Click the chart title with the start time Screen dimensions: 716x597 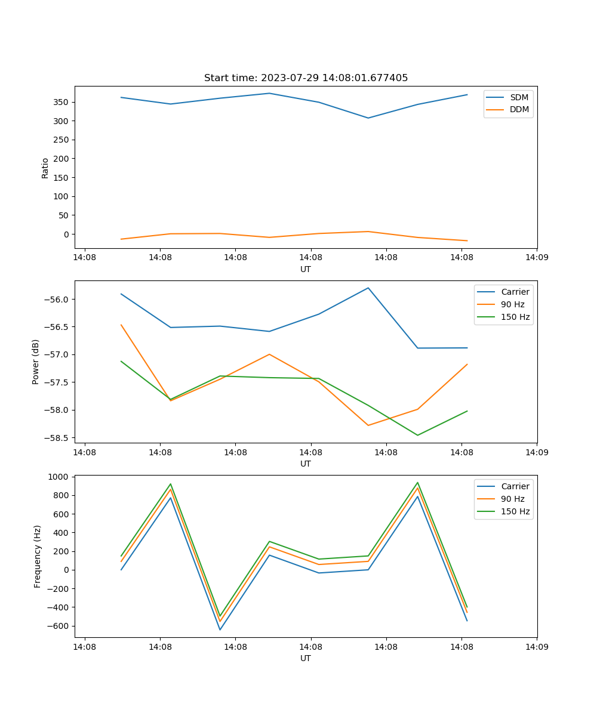306,78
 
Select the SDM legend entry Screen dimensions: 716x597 519,97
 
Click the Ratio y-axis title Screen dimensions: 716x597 45,168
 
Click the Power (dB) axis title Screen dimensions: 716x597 36,362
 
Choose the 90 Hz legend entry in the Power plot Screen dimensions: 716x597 512,304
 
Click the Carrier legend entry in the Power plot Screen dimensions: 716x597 515,292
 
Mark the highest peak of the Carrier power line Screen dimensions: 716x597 368,288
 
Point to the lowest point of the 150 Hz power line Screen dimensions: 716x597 417,435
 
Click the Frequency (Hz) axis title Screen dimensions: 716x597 38,556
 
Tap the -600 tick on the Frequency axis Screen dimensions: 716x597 58,626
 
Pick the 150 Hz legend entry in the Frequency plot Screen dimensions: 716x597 515,511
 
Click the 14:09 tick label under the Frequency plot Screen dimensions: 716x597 537,646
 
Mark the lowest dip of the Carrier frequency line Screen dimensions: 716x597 220,629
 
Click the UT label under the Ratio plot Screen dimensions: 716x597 306,269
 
